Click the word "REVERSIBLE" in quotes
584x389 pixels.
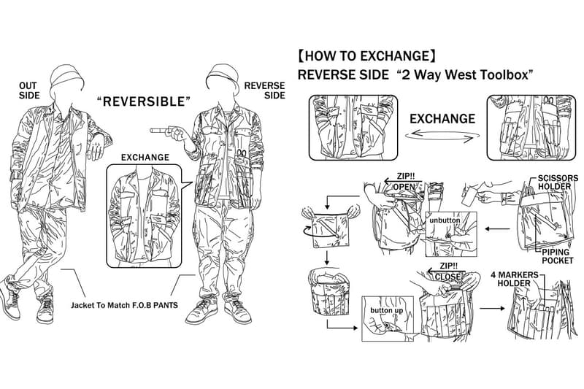144,101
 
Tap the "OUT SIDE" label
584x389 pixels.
29,90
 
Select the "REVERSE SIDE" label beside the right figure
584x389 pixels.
264,90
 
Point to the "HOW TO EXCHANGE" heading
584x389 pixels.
366,56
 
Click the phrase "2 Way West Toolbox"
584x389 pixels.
463,75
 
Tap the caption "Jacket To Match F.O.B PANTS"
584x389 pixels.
124,305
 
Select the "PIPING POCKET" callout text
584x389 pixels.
557,256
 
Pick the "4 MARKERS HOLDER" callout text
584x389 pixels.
515,280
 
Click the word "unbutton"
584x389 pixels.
445,220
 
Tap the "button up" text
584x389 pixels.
387,310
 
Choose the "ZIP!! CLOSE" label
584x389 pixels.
448,271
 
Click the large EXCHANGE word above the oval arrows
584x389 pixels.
442,119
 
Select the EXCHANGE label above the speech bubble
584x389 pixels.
145,158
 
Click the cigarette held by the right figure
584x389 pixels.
158,131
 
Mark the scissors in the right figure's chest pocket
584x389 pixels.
241,155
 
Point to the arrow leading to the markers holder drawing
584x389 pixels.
492,308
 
